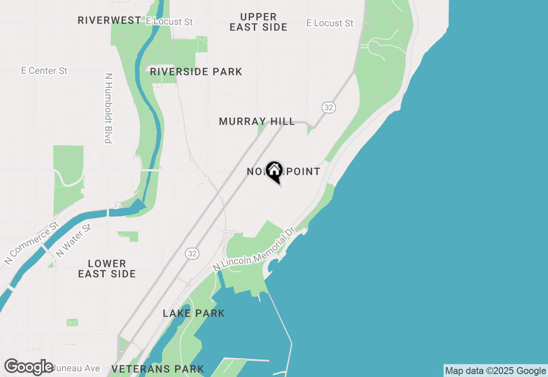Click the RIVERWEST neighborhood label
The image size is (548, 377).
[109, 20]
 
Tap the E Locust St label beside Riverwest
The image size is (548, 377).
[169, 21]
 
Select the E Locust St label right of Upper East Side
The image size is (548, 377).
[330, 23]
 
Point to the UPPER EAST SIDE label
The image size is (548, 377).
[258, 22]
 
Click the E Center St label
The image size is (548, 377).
[45, 71]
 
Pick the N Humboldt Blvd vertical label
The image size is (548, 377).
[108, 108]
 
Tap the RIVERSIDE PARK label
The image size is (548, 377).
[196, 72]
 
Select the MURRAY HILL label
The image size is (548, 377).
[257, 122]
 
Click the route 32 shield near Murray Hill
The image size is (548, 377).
[328, 108]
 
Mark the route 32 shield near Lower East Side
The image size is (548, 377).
[192, 254]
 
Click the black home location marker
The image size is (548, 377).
[274, 171]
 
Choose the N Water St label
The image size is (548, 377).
[74, 240]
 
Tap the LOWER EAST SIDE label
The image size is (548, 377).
[107, 269]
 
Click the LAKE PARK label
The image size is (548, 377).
[194, 313]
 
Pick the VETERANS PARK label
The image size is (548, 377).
[158, 369]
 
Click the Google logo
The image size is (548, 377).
[29, 367]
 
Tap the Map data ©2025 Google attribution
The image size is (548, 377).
[496, 371]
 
